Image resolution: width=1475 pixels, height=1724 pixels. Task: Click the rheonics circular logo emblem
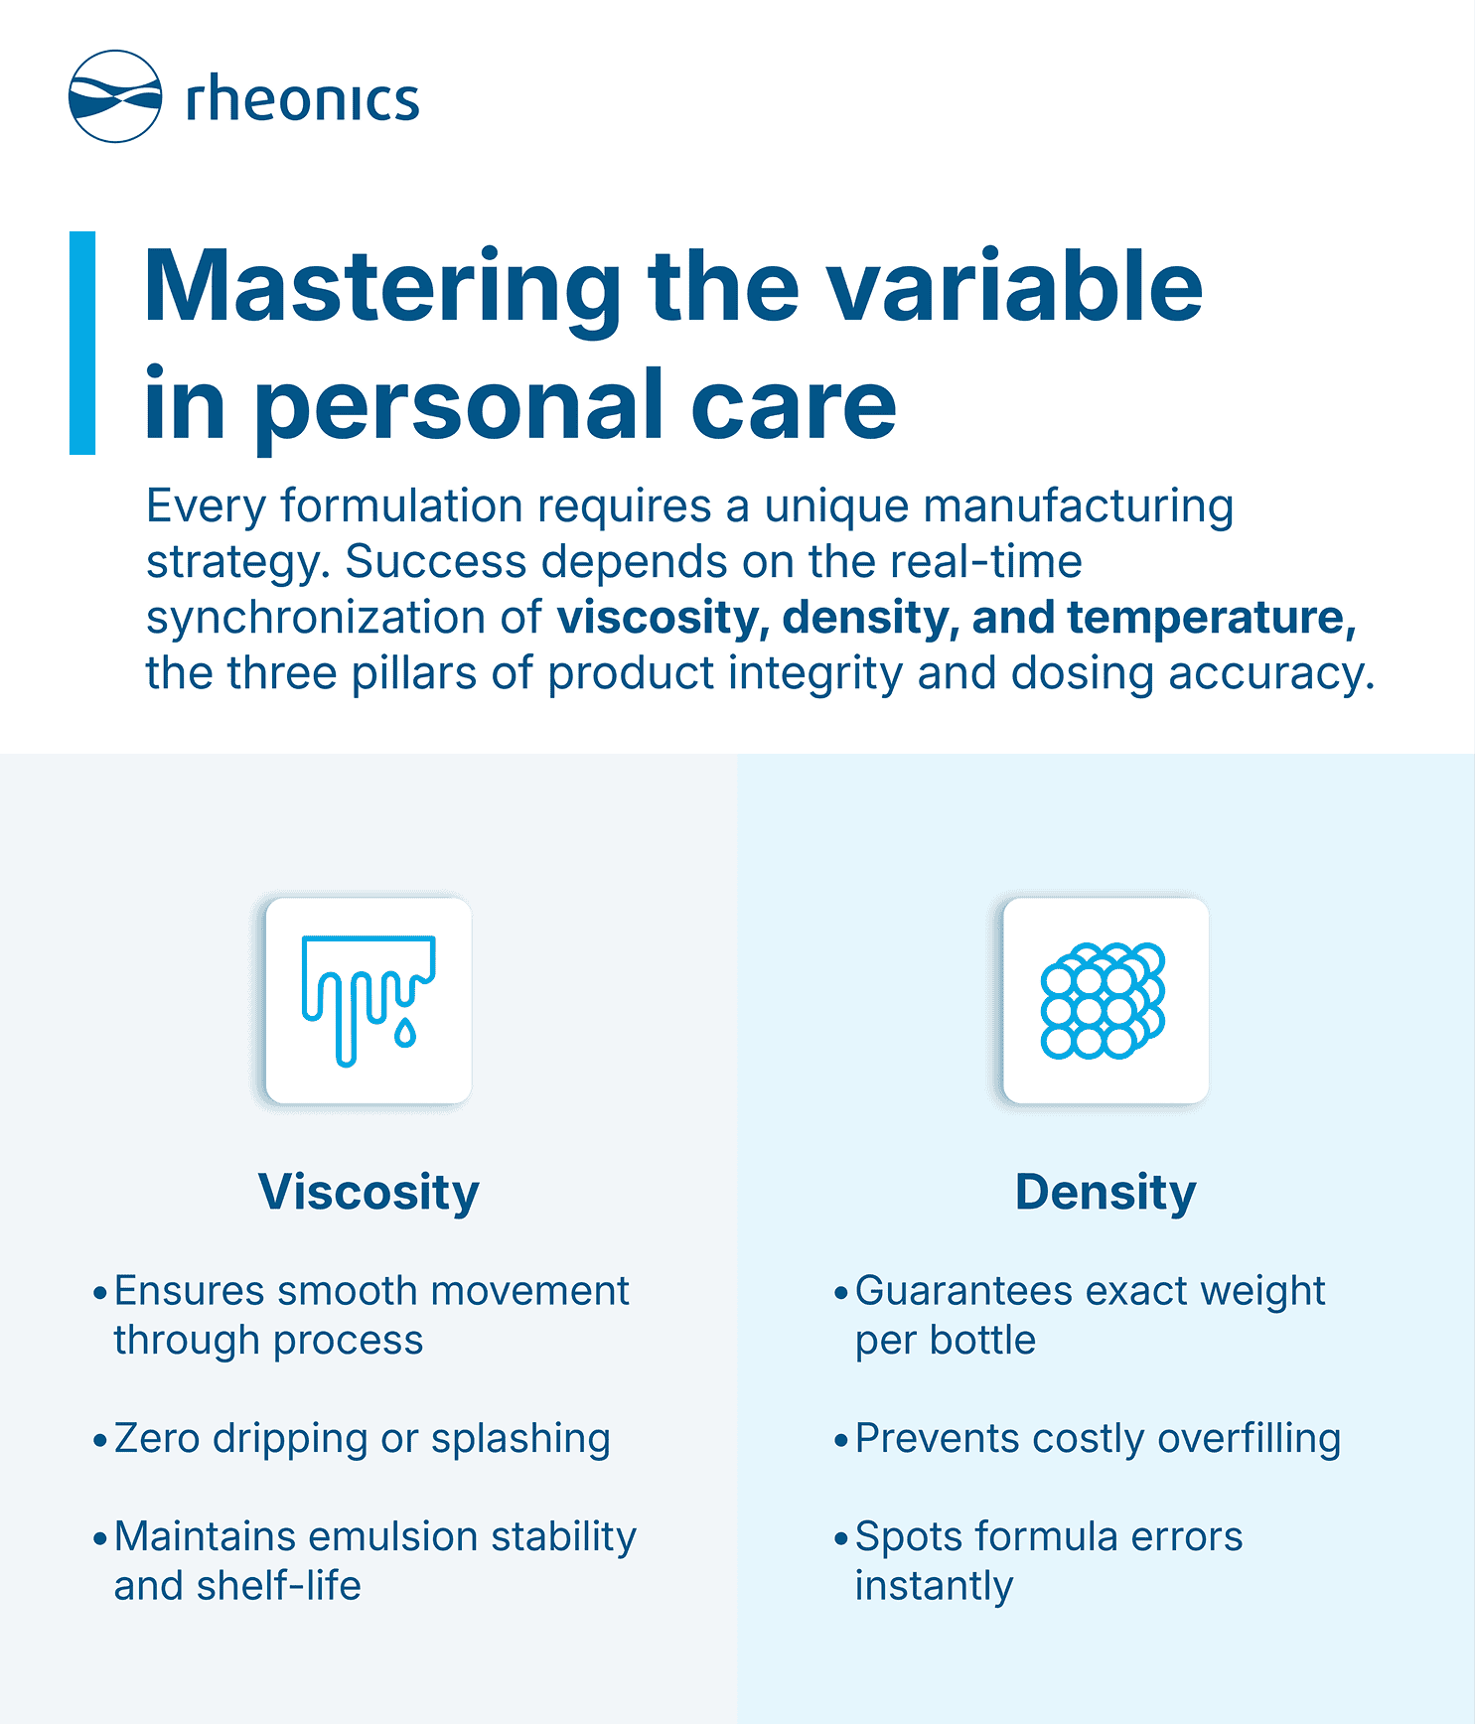[114, 96]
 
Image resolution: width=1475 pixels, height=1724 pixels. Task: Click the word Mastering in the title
[382, 288]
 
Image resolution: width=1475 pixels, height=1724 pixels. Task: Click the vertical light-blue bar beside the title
[82, 343]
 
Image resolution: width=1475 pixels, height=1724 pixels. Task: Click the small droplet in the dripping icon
[405, 1033]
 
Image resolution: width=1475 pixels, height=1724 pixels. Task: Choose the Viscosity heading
[369, 1192]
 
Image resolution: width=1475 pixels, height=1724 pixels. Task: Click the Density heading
[1106, 1192]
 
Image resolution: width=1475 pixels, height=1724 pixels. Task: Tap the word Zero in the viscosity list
[157, 1438]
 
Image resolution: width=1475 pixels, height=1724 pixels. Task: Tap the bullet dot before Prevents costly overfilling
[841, 1440]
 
